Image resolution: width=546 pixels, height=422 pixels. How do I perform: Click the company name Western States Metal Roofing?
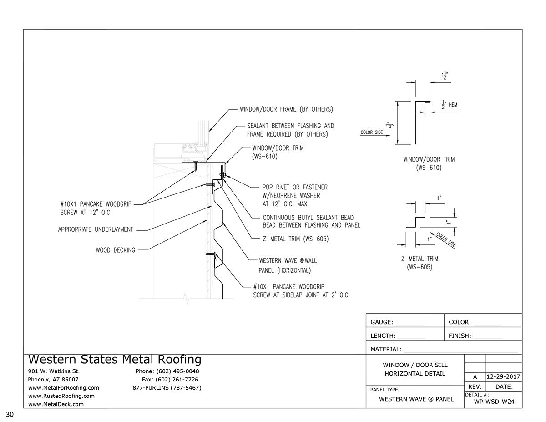115,360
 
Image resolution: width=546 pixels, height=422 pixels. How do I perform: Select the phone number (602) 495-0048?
167,371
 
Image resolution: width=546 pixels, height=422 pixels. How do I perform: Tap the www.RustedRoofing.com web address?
61,396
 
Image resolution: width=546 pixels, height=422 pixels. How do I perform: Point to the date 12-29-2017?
504,377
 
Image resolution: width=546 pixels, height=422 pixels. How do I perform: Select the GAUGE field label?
382,322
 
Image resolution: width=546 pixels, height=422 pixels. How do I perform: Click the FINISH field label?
460,336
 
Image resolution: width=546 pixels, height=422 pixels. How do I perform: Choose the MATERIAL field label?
386,350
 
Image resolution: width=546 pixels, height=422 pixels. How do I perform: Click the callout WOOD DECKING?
115,250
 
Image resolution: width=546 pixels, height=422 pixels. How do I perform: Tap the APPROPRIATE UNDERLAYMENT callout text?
96,230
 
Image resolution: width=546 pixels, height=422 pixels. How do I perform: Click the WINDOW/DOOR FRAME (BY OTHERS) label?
287,109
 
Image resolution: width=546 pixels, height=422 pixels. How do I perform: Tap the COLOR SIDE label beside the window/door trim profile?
372,132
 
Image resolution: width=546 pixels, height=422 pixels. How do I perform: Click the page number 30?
10,414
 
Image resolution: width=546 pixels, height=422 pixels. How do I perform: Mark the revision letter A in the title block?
475,377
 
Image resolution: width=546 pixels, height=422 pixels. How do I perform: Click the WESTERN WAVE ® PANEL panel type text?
416,399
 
